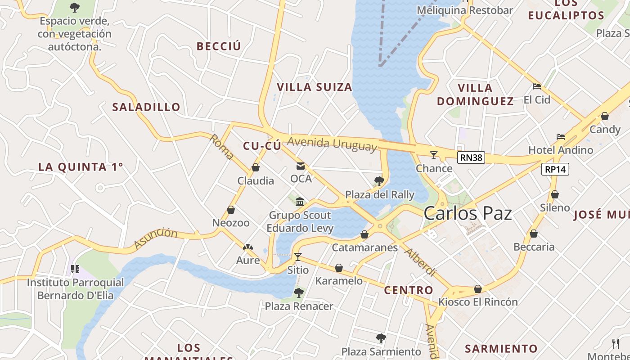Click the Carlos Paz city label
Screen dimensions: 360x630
(468, 213)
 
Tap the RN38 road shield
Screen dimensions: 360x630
(471, 157)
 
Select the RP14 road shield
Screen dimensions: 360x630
(555, 169)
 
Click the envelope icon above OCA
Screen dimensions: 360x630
(301, 166)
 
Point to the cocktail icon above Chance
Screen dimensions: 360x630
(434, 155)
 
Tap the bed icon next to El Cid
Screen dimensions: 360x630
(536, 86)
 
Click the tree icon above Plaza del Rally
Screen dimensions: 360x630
(379, 181)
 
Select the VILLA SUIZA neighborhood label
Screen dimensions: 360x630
(314, 87)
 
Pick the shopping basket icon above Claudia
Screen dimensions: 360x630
(256, 168)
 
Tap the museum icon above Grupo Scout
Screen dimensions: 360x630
(300, 202)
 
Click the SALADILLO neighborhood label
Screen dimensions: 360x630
(146, 107)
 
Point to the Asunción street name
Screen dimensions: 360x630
(156, 238)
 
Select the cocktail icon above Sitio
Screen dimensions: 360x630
(297, 257)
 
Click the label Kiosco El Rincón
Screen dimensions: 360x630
(478, 301)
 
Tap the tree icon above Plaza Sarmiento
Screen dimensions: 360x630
(381, 338)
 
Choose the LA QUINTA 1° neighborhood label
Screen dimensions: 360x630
(81, 167)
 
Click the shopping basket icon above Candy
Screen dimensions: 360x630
(605, 117)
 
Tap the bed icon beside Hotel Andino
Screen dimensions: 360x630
(561, 136)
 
